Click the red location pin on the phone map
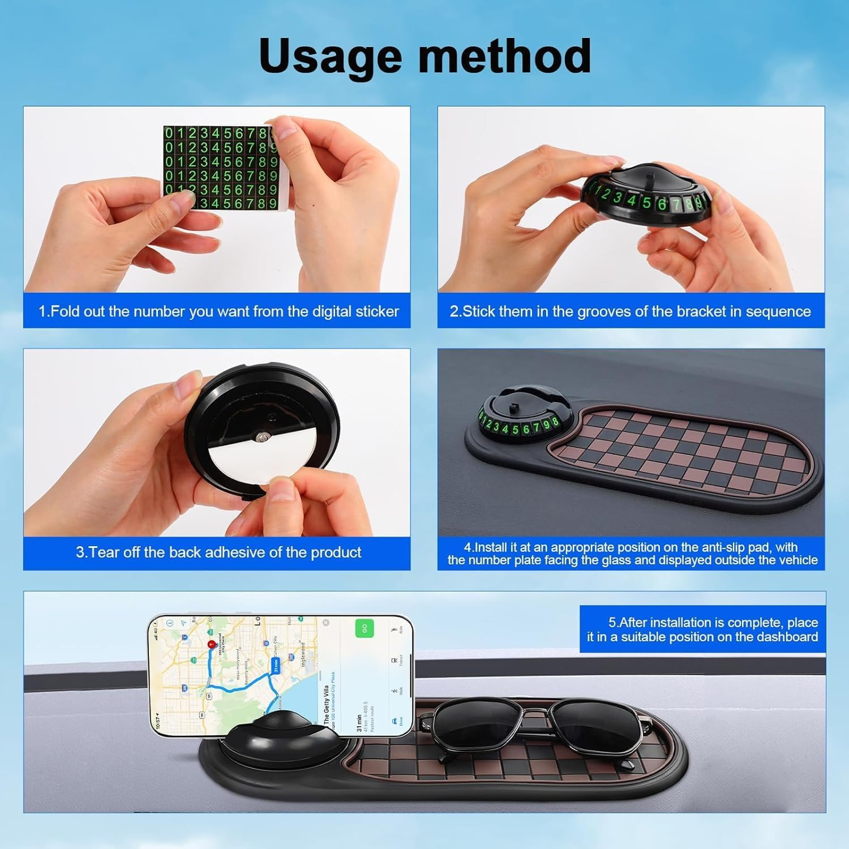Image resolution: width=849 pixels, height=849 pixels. (212, 644)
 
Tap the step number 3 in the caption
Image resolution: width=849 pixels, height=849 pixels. (80, 552)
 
